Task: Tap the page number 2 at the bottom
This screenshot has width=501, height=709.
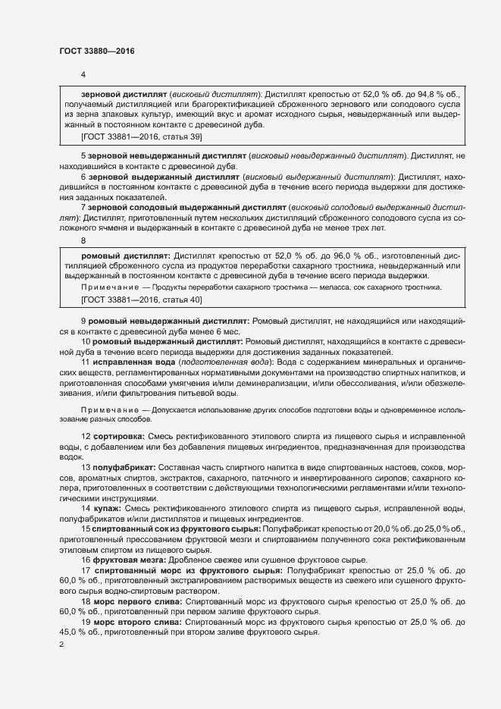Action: tap(61, 644)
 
